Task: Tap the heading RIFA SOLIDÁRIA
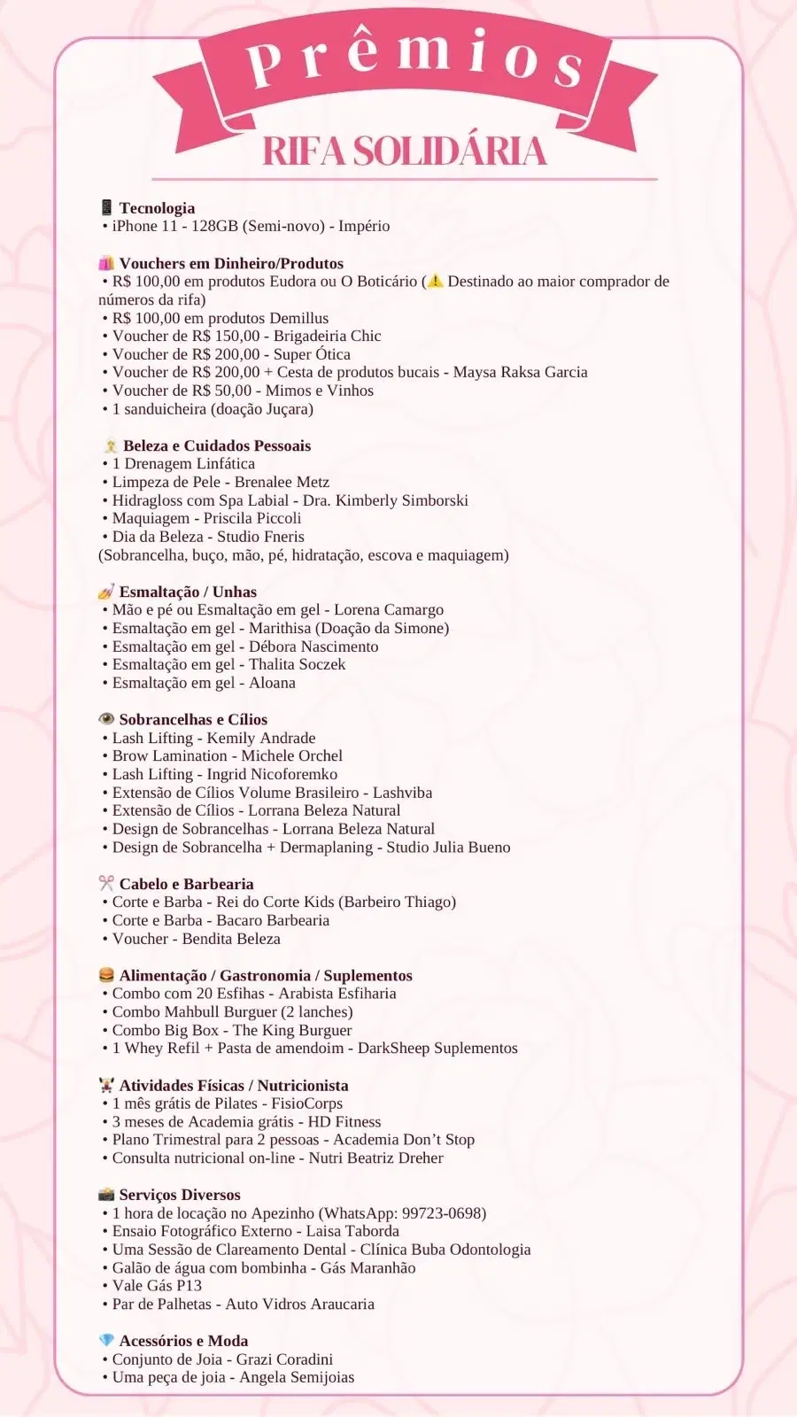404,151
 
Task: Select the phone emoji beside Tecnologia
106,208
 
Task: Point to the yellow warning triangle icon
435,282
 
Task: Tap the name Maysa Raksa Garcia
520,372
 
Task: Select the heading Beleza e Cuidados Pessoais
217,445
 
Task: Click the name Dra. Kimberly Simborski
385,500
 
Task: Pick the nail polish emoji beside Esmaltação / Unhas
106,592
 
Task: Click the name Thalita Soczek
297,664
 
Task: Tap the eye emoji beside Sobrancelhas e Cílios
106,719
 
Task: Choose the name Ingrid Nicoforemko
272,774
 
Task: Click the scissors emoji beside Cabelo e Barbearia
106,884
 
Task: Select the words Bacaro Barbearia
273,920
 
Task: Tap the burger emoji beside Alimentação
106,975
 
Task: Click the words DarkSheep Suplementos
437,1048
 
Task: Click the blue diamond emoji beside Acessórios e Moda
106,1341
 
